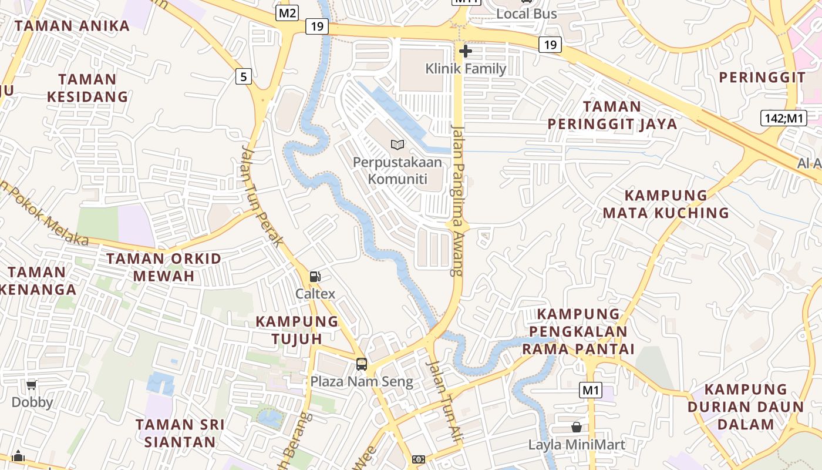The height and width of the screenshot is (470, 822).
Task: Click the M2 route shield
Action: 287,12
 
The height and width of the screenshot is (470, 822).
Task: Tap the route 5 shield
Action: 244,76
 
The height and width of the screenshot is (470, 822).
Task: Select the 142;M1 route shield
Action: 783,117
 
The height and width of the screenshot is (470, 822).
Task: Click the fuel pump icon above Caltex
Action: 315,276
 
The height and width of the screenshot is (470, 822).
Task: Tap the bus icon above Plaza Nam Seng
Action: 362,364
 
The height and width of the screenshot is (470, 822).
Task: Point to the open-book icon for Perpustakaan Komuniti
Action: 397,145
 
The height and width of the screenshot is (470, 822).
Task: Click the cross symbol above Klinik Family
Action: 466,51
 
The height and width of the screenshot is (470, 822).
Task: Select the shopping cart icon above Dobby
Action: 32,385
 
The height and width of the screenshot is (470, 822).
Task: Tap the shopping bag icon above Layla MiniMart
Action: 577,427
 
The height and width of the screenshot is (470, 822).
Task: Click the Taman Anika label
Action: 72,26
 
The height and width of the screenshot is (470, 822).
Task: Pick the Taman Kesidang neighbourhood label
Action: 87,88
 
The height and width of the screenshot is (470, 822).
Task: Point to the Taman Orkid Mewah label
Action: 164,267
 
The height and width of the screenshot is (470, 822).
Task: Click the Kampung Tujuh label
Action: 297,330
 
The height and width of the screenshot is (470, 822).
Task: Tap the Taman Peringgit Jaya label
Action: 612,115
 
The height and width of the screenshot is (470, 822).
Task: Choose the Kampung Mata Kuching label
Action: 666,204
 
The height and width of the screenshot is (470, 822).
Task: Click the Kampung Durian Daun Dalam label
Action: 746,407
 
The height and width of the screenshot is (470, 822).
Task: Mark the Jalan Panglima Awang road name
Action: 458,200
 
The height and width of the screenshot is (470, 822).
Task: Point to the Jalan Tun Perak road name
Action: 262,196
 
